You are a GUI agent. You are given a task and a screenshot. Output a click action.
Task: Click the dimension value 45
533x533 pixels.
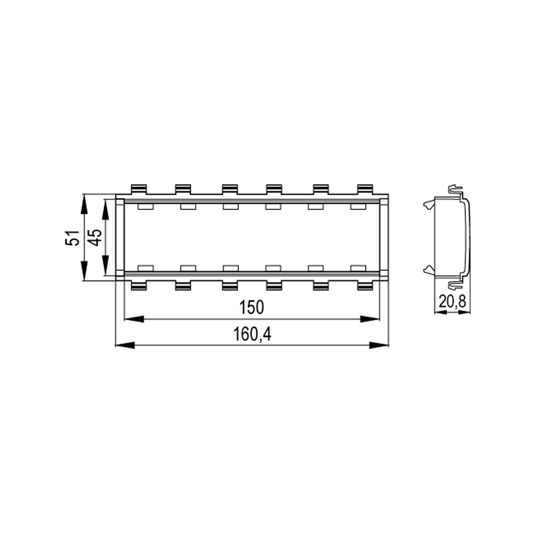(x=95, y=237)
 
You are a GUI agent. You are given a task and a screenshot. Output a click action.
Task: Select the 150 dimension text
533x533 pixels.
(x=251, y=308)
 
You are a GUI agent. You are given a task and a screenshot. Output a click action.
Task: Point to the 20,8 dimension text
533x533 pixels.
(x=452, y=302)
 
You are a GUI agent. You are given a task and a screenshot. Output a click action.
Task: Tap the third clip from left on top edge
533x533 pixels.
(x=230, y=189)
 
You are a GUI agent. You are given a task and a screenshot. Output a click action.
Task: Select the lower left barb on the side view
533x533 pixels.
(x=427, y=269)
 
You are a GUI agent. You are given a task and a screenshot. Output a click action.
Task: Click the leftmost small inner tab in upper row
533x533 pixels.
(x=145, y=207)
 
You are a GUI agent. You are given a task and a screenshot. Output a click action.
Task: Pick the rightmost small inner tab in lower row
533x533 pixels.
(x=358, y=268)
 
